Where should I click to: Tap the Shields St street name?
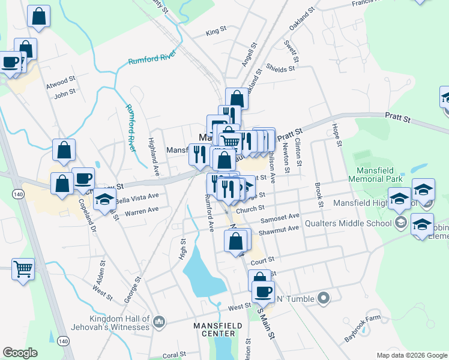pos(280,68)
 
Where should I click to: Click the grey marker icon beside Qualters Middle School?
pos(400,223)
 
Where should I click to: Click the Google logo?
pos(20,353)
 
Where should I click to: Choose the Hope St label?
pos(338,136)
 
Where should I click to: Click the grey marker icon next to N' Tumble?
pos(324,298)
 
